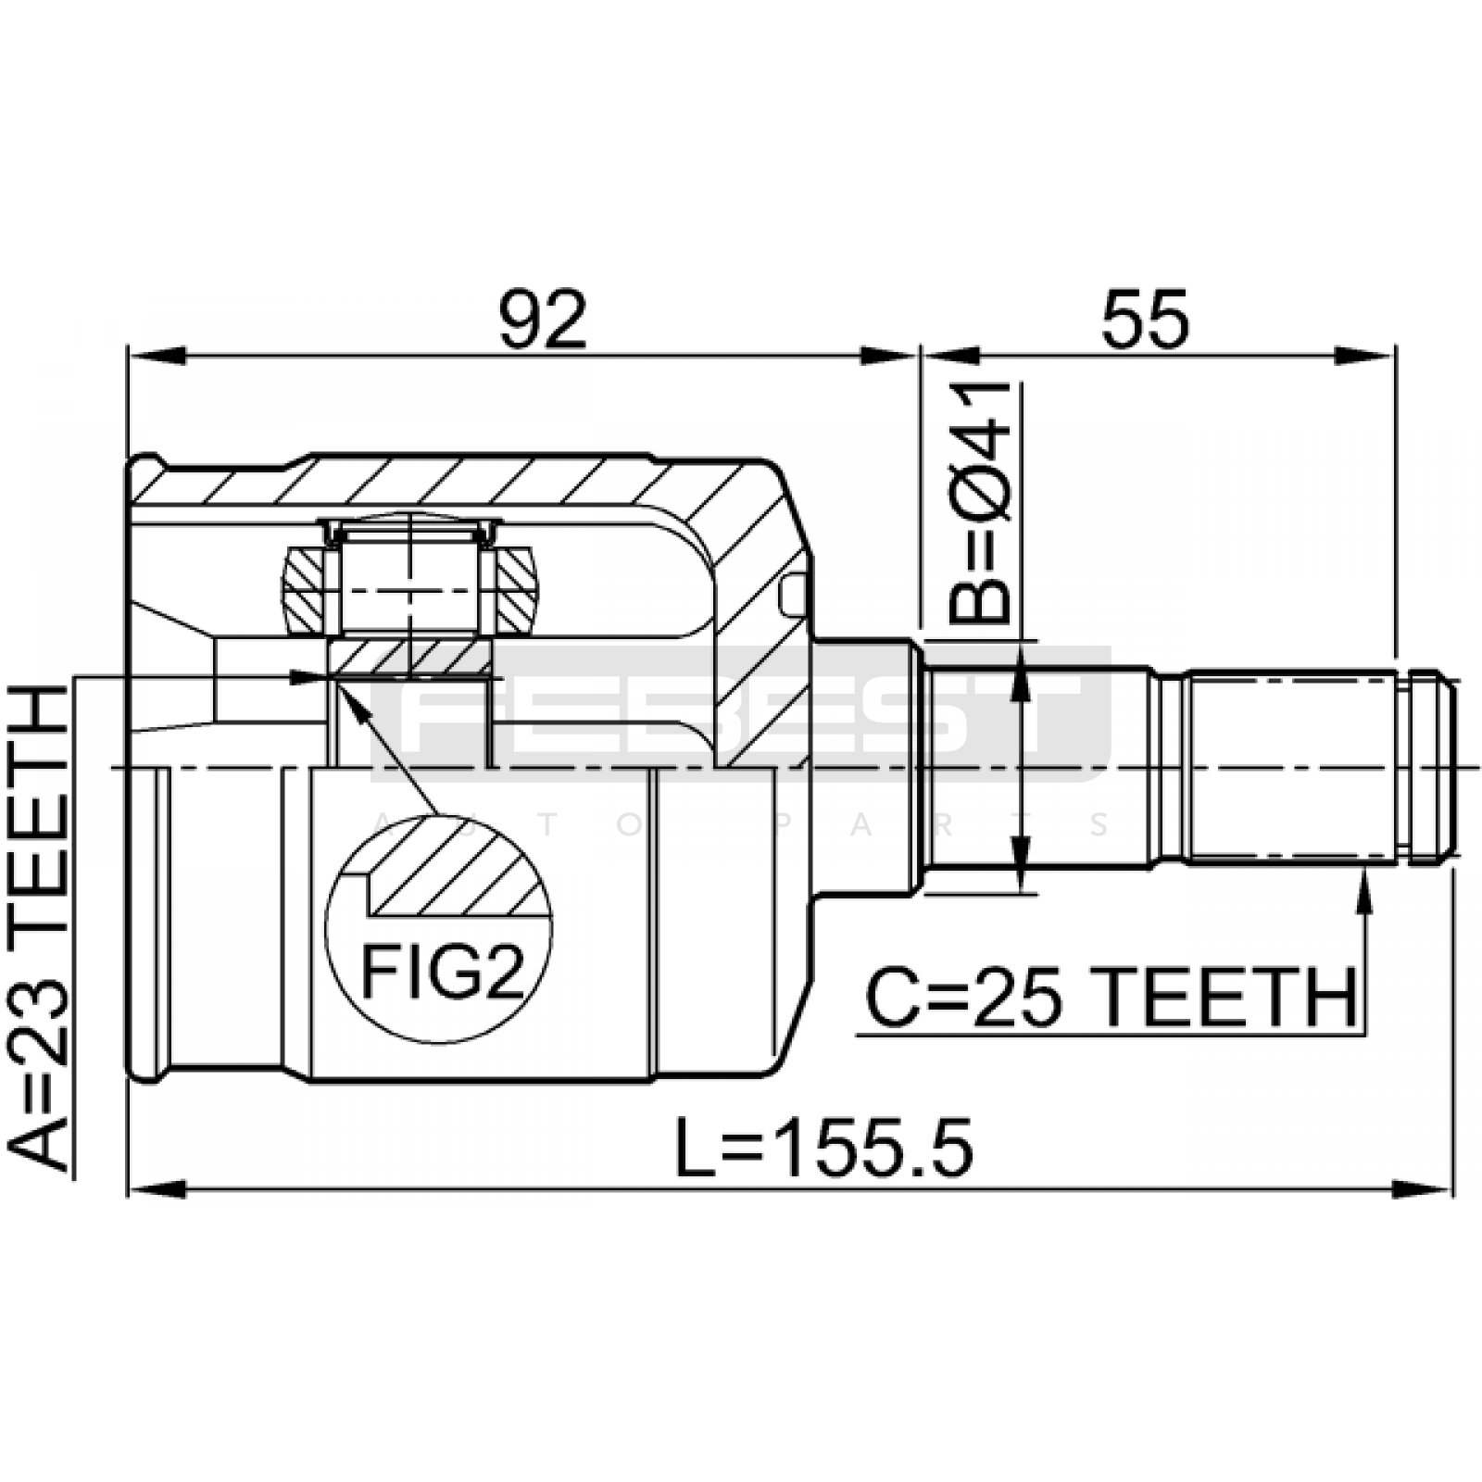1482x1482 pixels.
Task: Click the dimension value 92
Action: (x=543, y=320)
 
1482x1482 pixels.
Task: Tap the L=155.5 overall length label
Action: (x=823, y=1148)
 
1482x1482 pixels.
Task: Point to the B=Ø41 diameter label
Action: (x=981, y=500)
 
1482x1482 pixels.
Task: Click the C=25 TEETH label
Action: (x=1111, y=998)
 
